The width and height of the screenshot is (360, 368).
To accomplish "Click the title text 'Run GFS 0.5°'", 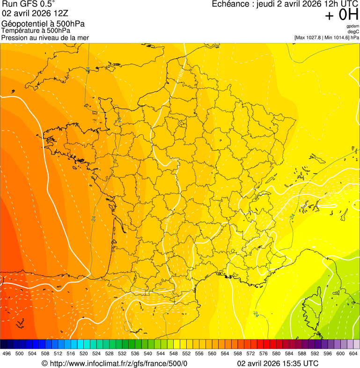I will point(29,5).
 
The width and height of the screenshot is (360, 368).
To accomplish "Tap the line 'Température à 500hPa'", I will point(39,31).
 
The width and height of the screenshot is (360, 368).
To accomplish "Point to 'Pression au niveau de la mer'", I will point(45,37).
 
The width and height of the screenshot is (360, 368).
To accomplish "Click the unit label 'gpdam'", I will point(353,26).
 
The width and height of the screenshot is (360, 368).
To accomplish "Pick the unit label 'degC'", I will point(354,31).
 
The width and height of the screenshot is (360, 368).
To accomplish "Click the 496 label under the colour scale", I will point(7,353).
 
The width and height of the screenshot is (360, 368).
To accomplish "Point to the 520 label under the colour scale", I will point(84,353).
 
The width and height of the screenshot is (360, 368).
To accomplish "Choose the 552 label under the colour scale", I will point(186,353).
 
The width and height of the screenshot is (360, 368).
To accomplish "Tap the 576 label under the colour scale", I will point(264,353).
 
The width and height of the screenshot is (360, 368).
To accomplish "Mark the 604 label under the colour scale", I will point(353,353).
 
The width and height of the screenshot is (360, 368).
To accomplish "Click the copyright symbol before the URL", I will point(44,363).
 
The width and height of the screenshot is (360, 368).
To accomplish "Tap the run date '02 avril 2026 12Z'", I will point(35,14).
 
